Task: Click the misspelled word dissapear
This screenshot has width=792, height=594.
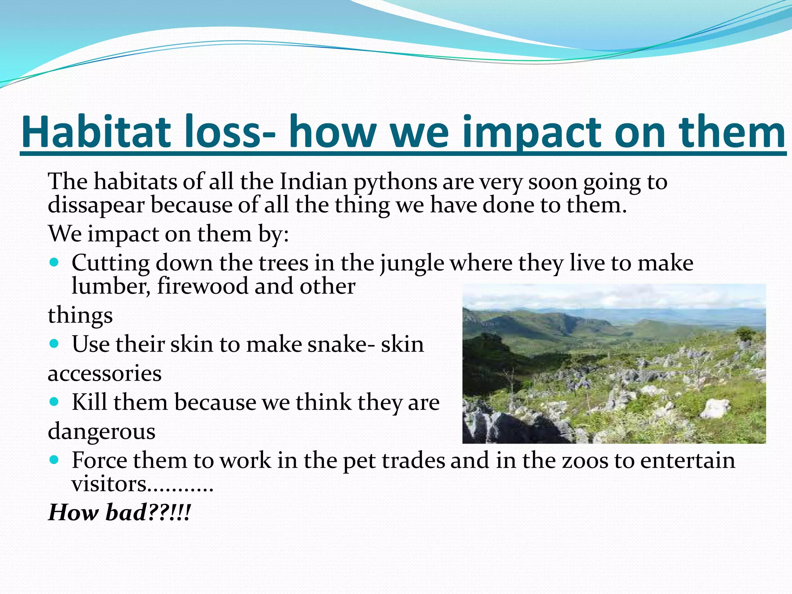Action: click(x=96, y=205)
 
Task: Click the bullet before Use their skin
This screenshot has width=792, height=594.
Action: click(x=54, y=343)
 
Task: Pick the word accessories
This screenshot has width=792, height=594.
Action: click(x=104, y=374)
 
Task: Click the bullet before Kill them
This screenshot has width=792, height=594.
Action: click(x=54, y=401)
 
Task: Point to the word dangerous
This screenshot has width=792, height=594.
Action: click(x=101, y=432)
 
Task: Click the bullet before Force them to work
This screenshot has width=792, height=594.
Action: click(x=54, y=460)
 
